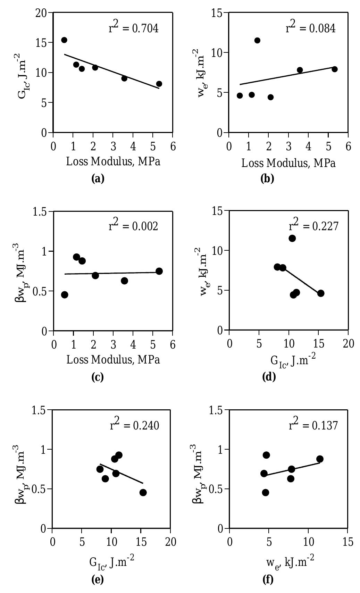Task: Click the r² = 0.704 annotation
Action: point(134,28)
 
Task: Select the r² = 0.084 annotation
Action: point(310,28)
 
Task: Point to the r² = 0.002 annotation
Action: point(133,226)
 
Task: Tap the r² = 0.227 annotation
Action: point(313,226)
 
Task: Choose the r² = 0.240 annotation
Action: point(134,425)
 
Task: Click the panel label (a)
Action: point(97,178)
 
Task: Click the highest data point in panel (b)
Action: point(257,40)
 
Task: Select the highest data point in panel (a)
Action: point(64,40)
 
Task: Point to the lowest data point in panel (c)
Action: point(65,295)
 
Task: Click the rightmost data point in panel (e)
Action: point(143,493)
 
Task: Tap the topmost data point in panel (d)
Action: point(292,238)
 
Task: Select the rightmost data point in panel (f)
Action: point(320,459)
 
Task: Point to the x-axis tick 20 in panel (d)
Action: point(348,344)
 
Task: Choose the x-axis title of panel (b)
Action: point(288,163)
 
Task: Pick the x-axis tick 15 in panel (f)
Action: point(348,542)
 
